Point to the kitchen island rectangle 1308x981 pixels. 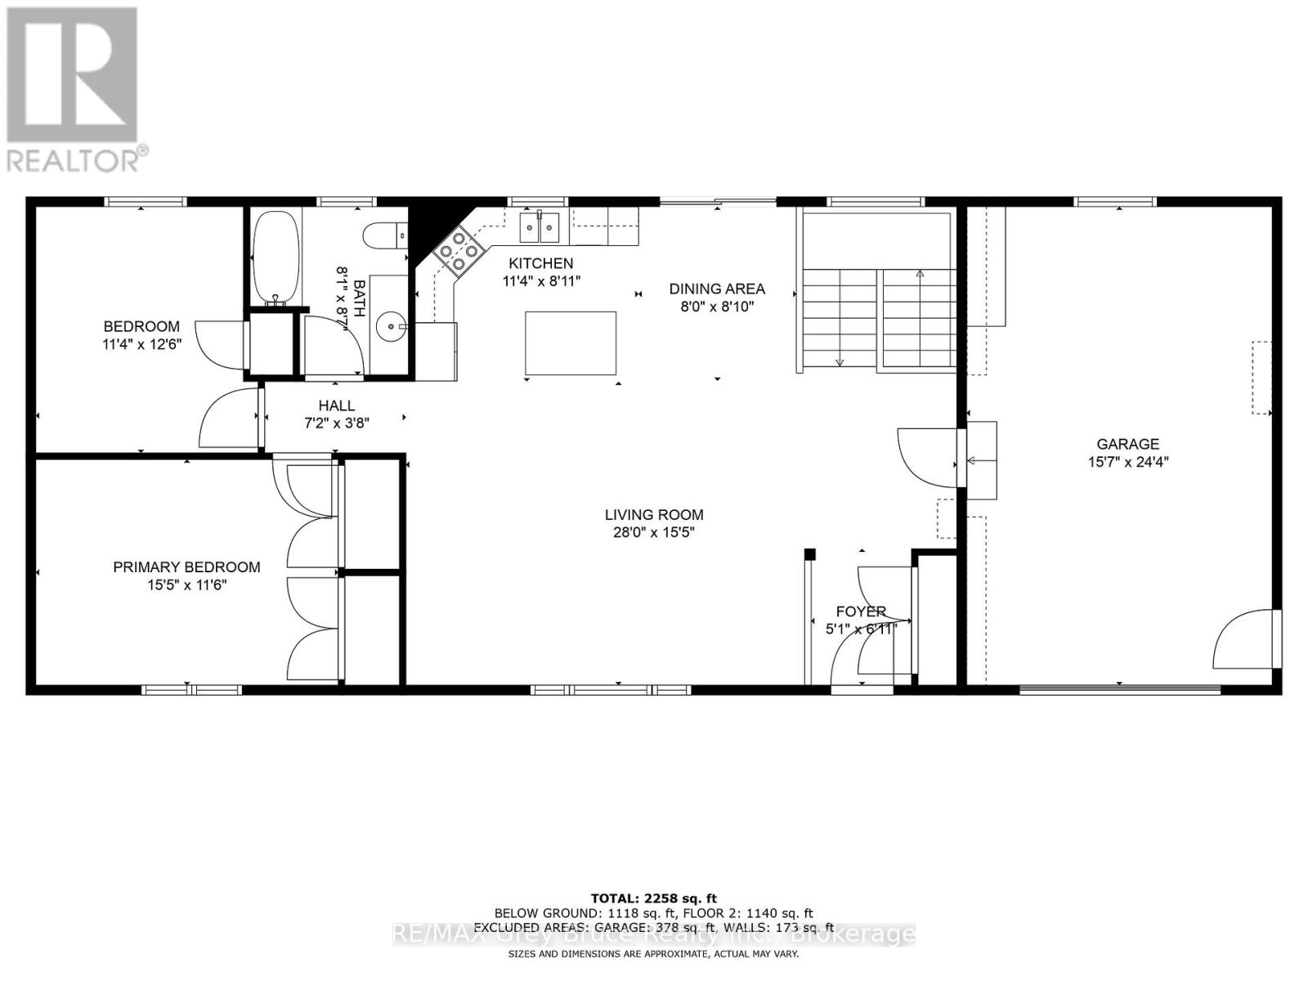click(x=571, y=343)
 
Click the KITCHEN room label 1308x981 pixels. click(x=540, y=263)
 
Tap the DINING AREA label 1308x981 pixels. click(x=717, y=289)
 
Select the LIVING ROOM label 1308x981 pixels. click(x=654, y=514)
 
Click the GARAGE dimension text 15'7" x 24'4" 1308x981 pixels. click(x=1127, y=462)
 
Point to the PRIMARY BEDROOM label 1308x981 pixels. click(x=186, y=567)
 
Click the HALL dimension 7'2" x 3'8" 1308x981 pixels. click(x=336, y=423)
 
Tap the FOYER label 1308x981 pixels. click(x=861, y=611)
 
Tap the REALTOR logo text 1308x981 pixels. click(x=78, y=159)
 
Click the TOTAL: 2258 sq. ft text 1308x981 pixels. click(x=653, y=898)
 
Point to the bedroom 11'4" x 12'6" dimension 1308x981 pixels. click(x=141, y=344)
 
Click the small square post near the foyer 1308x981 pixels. click(x=809, y=554)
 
